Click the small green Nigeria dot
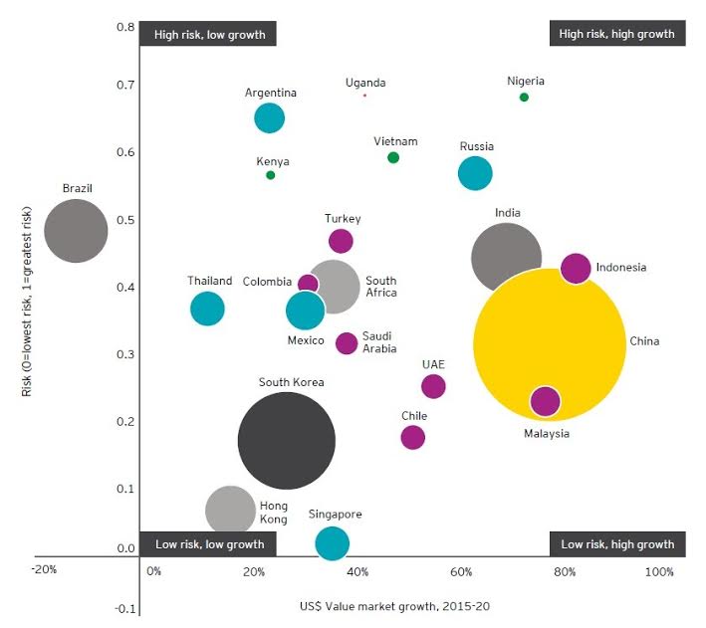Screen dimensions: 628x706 [x=524, y=97]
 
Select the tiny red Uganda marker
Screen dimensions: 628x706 [x=364, y=96]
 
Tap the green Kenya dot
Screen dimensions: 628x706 [x=270, y=175]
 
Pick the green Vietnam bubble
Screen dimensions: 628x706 [x=393, y=157]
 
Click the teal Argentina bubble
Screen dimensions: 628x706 [x=269, y=118]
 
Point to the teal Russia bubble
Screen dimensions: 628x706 [x=475, y=173]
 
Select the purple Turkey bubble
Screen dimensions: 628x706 [x=341, y=241]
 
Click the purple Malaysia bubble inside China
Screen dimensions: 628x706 [x=545, y=401]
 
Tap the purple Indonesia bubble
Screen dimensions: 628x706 [x=576, y=268]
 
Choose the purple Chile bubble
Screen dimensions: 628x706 [x=412, y=437]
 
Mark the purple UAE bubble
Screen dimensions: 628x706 [x=433, y=386]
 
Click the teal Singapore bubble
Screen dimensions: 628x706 [x=332, y=543]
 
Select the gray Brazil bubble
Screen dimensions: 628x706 [x=76, y=231]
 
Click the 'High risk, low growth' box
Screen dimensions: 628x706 [x=209, y=34]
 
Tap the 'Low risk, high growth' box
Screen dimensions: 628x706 [x=617, y=544]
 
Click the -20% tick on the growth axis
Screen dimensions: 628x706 [x=43, y=570]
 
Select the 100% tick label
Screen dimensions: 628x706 [x=659, y=572]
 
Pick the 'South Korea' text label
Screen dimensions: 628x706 [x=291, y=382]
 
